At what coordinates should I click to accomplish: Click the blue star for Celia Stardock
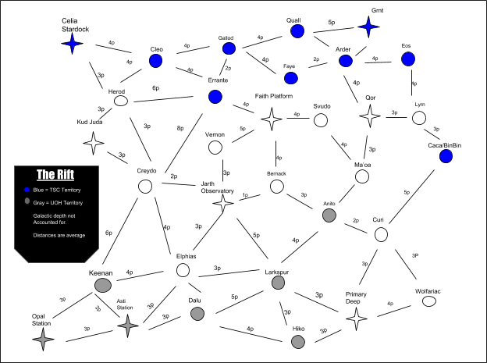point(72,44)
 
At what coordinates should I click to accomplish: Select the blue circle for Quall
point(297,31)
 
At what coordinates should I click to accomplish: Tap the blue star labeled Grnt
point(368,27)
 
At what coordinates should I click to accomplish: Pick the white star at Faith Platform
point(272,119)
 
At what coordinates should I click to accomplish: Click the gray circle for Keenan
point(103,285)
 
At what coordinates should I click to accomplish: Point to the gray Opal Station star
point(43,339)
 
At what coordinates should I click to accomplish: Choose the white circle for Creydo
point(145,187)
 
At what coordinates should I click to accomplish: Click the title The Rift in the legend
point(55,175)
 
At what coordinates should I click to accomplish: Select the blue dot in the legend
point(27,190)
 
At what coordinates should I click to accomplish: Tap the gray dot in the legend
point(27,201)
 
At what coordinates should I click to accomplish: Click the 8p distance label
point(180,128)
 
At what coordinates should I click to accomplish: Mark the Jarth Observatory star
point(223,203)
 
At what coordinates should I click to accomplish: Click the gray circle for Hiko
point(298,342)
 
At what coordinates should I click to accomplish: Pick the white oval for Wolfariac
point(429,301)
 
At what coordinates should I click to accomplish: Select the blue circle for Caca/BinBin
point(446,156)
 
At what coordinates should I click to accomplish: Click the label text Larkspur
point(277,272)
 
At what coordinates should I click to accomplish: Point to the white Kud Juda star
point(94,143)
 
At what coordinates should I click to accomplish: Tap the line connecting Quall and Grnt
point(333,30)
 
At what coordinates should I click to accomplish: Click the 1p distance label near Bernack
point(245,195)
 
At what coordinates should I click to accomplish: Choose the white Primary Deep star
point(357,319)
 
